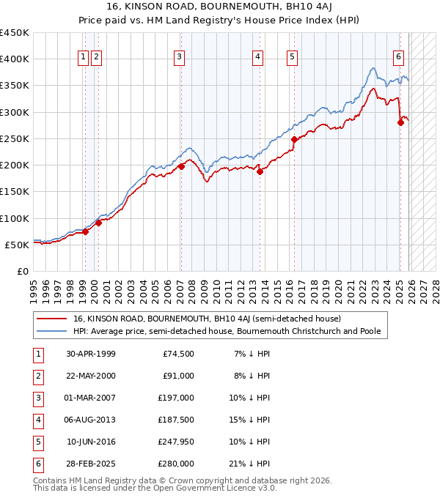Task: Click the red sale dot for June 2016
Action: tap(294, 139)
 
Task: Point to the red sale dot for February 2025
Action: tap(400, 122)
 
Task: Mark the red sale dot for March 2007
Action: tap(181, 166)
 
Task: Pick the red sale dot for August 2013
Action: tap(260, 171)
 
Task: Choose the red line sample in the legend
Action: tap(51, 319)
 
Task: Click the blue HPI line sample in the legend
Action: tap(51, 331)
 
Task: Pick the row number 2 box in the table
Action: tap(37, 376)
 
